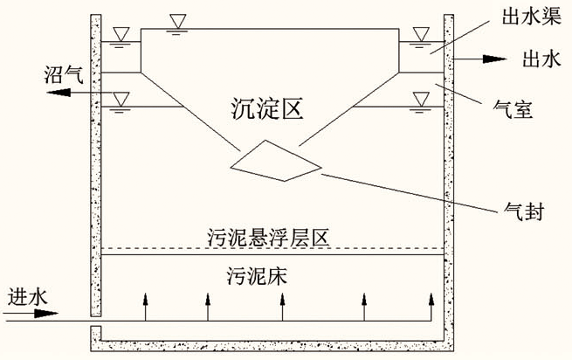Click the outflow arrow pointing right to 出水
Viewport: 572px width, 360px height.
point(485,59)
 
